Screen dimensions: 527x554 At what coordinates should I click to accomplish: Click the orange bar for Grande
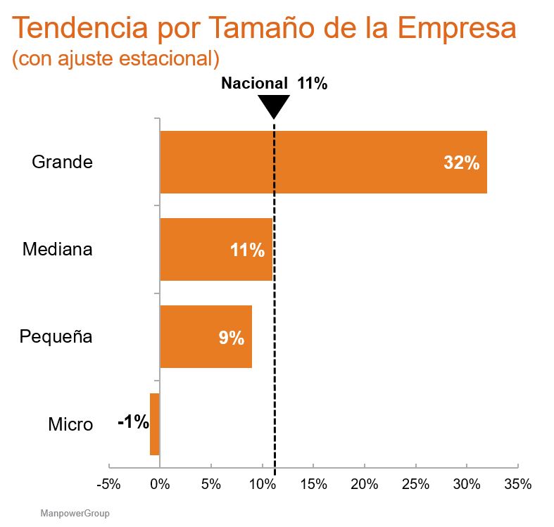click(323, 162)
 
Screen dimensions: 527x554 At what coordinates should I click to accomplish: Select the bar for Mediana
click(215, 249)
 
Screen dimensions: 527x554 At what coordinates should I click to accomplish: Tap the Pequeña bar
click(206, 336)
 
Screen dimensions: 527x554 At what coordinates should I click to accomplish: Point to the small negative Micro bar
click(155, 424)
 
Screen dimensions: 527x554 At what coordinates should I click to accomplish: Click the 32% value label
click(461, 163)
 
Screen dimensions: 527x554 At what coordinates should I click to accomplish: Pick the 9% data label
click(231, 338)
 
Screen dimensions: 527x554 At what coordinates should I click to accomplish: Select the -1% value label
click(133, 422)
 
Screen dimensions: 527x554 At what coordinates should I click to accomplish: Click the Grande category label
click(62, 162)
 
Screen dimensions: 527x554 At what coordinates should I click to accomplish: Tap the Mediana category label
click(57, 249)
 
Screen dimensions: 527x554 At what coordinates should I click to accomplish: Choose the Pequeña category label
click(56, 337)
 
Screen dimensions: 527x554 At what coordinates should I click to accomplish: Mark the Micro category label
click(70, 424)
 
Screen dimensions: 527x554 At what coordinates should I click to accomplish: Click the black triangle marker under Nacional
click(274, 107)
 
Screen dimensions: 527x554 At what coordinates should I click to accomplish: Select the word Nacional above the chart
click(254, 83)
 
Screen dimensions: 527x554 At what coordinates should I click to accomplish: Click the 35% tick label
click(518, 485)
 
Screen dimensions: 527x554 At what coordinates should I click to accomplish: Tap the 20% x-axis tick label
click(365, 485)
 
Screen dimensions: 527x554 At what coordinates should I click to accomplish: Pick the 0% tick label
click(160, 485)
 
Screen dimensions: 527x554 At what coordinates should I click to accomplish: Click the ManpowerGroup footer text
click(75, 514)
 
